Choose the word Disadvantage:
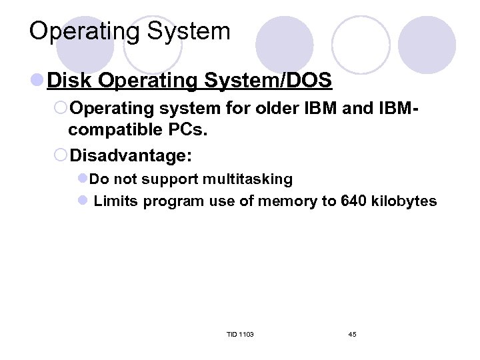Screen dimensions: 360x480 (x=131, y=156)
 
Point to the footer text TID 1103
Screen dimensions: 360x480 (x=240, y=334)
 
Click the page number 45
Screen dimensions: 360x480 (x=352, y=334)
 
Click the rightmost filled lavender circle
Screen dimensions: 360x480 (x=427, y=45)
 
